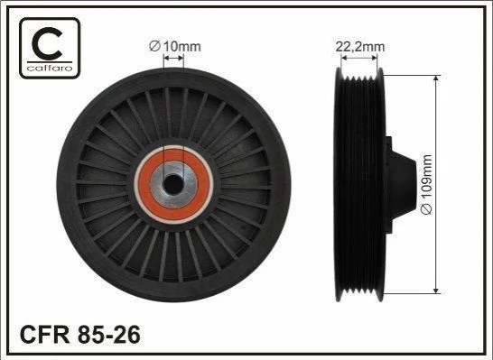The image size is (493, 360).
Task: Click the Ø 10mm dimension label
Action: pyautogui.click(x=175, y=47)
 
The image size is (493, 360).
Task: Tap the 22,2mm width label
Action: pyautogui.click(x=360, y=47)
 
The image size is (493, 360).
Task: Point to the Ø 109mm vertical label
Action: pyautogui.click(x=427, y=185)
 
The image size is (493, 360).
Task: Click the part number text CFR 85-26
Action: pyautogui.click(x=80, y=335)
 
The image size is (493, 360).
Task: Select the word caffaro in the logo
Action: pyautogui.click(x=50, y=68)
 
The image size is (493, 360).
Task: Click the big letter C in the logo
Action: pyautogui.click(x=48, y=43)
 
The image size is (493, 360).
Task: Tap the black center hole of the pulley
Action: pyautogui.click(x=173, y=184)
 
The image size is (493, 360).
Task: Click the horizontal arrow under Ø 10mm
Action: pyautogui.click(x=173, y=58)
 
